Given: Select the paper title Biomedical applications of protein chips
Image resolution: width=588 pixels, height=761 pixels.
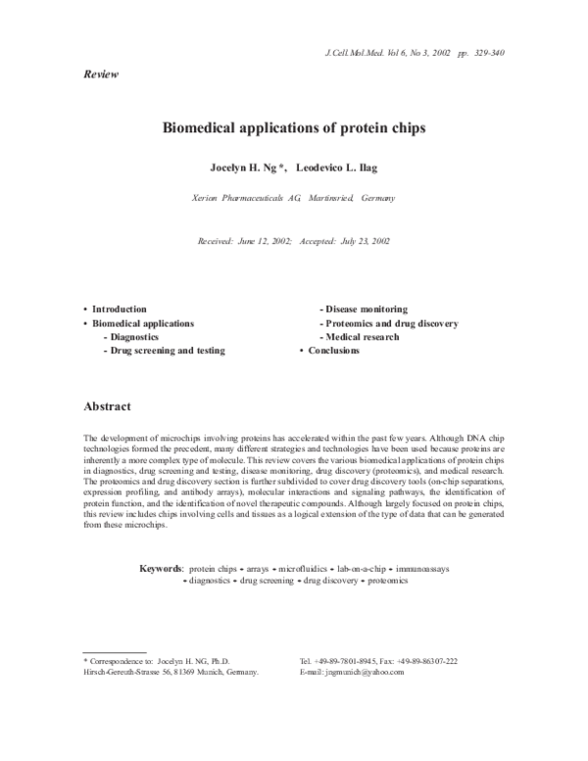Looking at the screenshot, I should pyautogui.click(x=294, y=127).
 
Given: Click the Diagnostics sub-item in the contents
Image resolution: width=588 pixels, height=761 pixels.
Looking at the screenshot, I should pyautogui.click(x=136, y=336).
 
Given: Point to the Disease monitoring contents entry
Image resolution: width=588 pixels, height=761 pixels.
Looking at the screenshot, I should pyautogui.click(x=367, y=309).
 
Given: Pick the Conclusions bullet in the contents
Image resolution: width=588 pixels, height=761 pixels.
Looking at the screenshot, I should pyautogui.click(x=333, y=350).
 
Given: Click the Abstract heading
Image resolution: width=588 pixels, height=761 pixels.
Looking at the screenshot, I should pyautogui.click(x=108, y=405).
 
